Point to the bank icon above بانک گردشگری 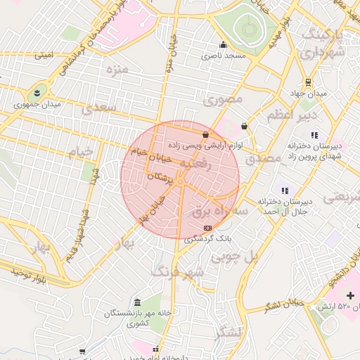207,228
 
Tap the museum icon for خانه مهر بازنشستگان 136,302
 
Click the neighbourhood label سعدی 97,108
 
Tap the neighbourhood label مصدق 264,158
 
